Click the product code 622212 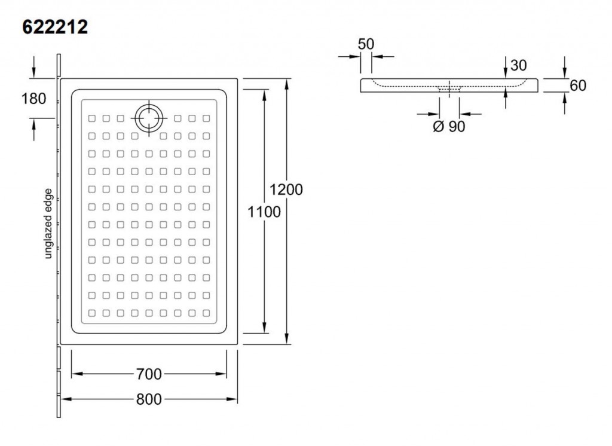pos(55,28)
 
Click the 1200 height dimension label pos(286,190)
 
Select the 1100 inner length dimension pos(264,212)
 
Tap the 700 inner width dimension pos(149,374)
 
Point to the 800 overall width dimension pos(149,399)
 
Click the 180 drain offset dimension pos(33,99)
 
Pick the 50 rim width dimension pos(366,44)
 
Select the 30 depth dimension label pos(518,65)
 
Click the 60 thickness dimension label pos(578,85)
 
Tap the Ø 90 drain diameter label pos(449,126)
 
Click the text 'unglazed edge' pos(48,224)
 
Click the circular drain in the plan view pos(149,118)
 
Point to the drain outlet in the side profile pos(449,89)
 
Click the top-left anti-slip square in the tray pos(91,118)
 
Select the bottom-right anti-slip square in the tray pos(206,313)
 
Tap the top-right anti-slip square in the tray pos(206,118)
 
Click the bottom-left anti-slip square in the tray pos(91,313)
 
